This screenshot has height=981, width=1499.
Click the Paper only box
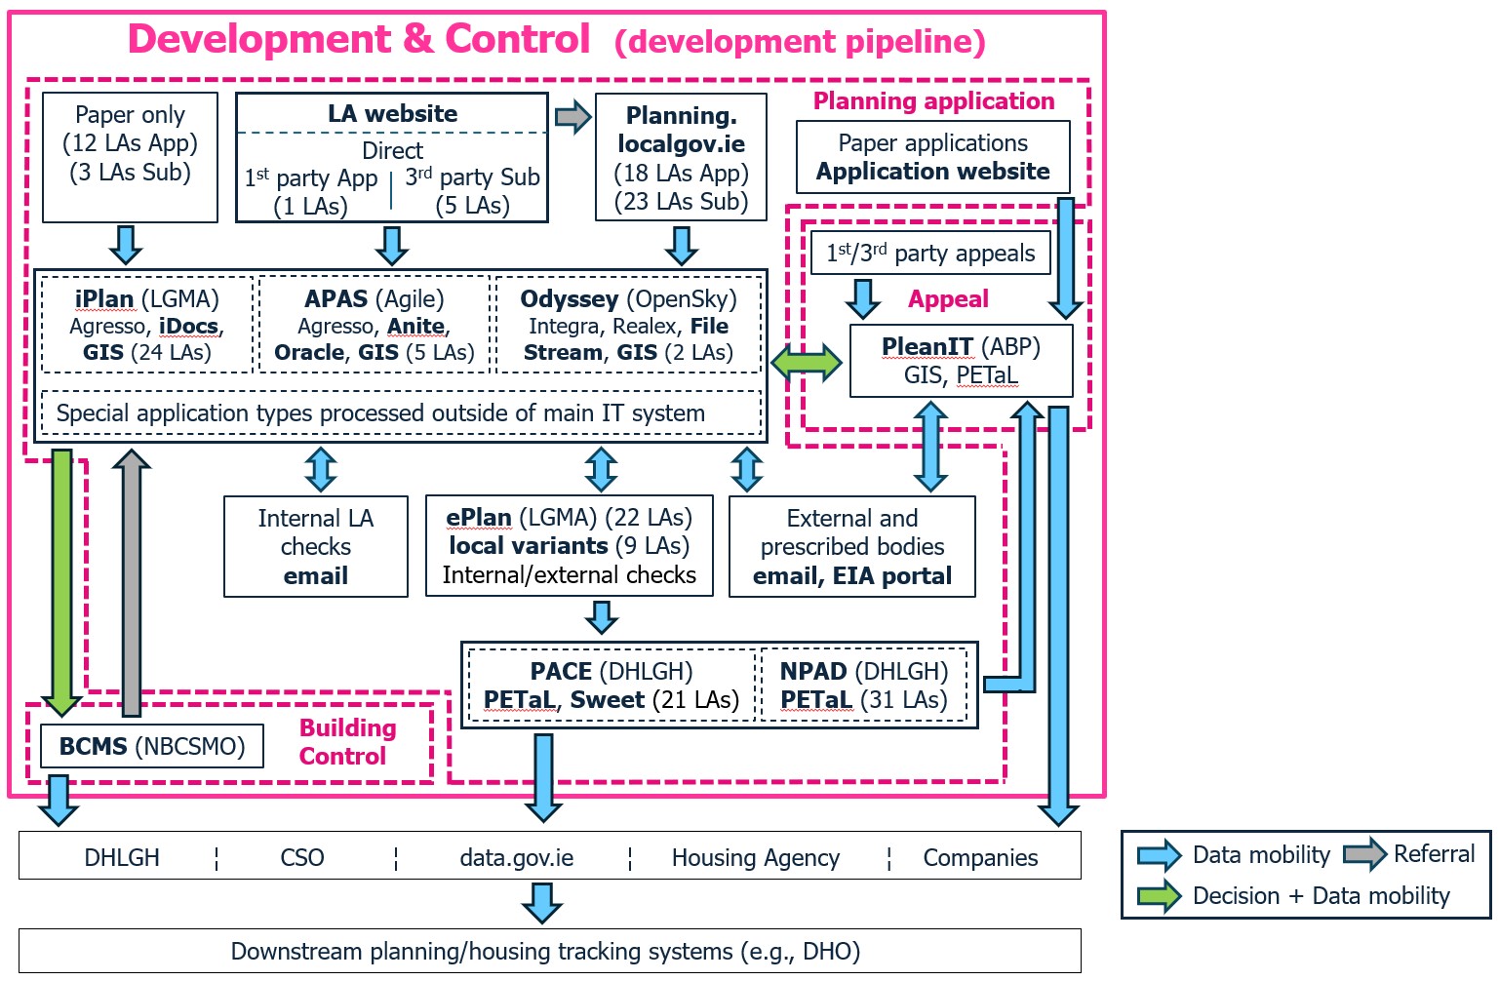[x=130, y=157]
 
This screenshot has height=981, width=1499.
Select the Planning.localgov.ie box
[x=681, y=157]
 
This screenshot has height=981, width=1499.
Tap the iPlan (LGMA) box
[x=147, y=326]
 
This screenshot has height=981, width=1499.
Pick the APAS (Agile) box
[x=375, y=326]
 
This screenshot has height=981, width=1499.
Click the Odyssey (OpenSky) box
[x=628, y=326]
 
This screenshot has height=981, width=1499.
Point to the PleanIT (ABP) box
[x=961, y=361]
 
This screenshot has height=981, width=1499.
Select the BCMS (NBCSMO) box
[x=151, y=746]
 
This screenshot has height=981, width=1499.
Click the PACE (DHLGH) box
[x=611, y=686]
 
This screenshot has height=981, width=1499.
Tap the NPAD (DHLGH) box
[x=864, y=686]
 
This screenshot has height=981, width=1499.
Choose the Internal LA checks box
[x=315, y=546]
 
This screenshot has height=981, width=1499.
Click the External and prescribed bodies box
[x=851, y=546]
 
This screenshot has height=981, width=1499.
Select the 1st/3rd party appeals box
[x=930, y=254]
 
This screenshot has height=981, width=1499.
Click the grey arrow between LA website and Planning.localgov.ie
[x=572, y=117]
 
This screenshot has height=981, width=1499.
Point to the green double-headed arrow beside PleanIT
[x=807, y=362]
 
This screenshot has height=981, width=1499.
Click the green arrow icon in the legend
[x=1159, y=896]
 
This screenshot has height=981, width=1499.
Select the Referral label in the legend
[x=1434, y=854]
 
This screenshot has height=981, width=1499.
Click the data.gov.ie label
[x=516, y=858]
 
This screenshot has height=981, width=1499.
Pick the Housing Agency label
[x=755, y=858]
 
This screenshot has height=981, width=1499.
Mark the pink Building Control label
[x=346, y=742]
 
